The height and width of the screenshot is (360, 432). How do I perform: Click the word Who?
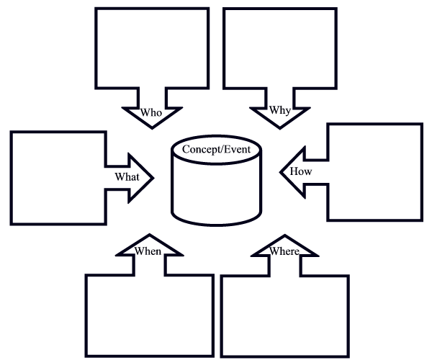click(151, 112)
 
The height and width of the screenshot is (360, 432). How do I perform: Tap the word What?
click(127, 176)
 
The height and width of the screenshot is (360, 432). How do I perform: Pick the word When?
click(148, 251)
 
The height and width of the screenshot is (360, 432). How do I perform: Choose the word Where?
click(284, 251)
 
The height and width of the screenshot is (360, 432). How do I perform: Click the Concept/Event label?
click(215, 149)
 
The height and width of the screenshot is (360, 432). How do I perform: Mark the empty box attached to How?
click(374, 171)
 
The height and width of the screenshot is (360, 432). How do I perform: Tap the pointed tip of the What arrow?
click(153, 176)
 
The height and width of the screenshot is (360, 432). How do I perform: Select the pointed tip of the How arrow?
click(280, 172)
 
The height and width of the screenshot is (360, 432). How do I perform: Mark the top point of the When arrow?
click(148, 235)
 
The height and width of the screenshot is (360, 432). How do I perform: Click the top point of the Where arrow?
click(284, 235)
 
